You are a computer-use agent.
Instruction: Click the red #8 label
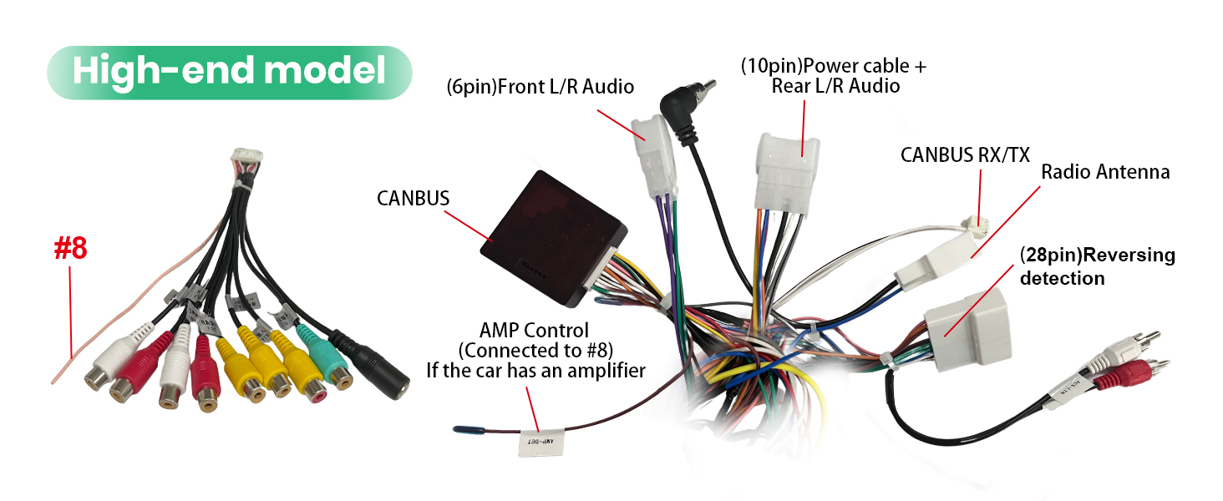(x=70, y=248)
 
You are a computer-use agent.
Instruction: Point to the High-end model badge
(x=229, y=73)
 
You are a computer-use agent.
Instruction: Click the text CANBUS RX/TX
(x=965, y=154)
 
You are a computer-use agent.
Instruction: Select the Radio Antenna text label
(x=1105, y=173)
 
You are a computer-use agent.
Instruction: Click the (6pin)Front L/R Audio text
(x=540, y=86)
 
